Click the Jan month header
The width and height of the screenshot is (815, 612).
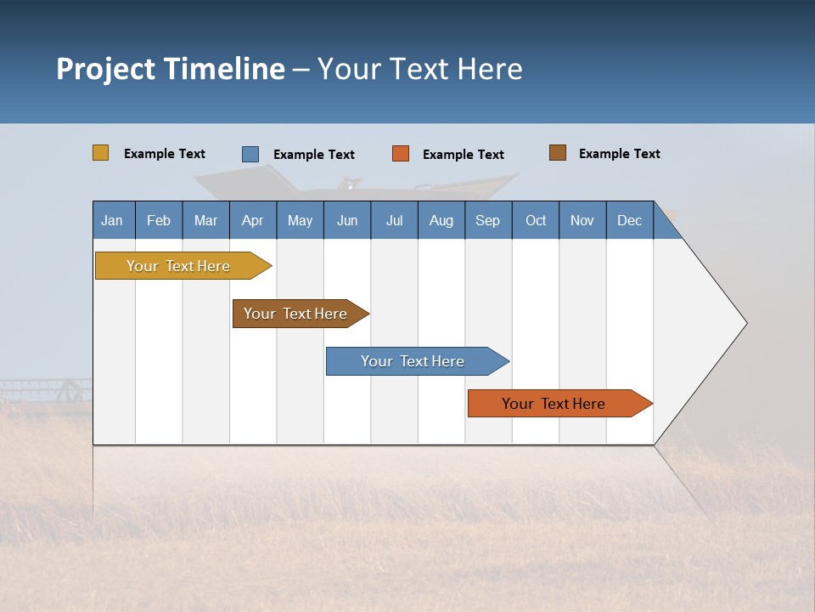pos(113,220)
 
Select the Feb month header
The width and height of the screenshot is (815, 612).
pos(159,220)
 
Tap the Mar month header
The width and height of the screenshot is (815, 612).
pos(205,220)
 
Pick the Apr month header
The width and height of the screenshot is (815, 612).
pos(253,220)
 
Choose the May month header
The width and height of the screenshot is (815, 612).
pos(300,220)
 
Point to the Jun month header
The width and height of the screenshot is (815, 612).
pos(347,220)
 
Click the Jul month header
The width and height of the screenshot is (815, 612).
pos(394,220)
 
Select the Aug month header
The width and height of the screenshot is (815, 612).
pos(441,220)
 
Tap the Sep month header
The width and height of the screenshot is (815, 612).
pos(488,220)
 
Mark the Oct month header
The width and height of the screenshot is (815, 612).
pos(536,220)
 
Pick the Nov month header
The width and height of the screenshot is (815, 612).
pos(582,220)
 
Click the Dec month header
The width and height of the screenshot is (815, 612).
pos(630,220)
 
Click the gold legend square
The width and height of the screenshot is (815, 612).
pos(101,153)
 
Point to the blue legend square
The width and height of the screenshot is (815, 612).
pos(250,154)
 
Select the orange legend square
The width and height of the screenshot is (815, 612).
pos(401,154)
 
